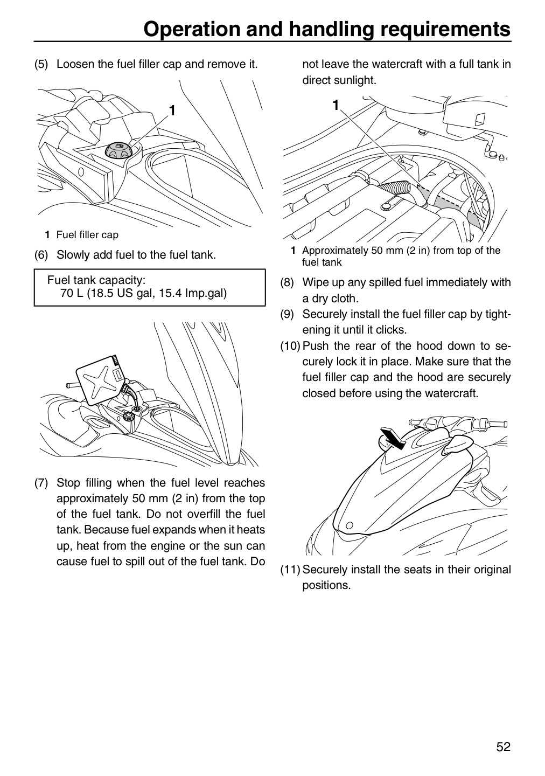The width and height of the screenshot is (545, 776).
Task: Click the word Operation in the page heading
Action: [192, 29]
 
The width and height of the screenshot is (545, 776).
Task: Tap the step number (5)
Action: [41, 64]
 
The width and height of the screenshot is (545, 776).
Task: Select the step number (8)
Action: [287, 282]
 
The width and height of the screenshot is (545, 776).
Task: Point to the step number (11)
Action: [290, 570]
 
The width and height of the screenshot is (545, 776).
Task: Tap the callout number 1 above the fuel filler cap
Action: [172, 110]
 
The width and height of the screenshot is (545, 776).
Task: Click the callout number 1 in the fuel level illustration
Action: [336, 105]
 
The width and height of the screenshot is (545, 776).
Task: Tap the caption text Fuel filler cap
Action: [87, 235]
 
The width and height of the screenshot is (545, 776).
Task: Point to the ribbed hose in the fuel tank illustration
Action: [395, 190]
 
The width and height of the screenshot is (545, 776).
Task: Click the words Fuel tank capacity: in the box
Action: [96, 280]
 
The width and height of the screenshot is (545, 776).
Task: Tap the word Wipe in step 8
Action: [316, 283]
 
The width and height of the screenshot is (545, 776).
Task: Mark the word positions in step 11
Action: [326, 585]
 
